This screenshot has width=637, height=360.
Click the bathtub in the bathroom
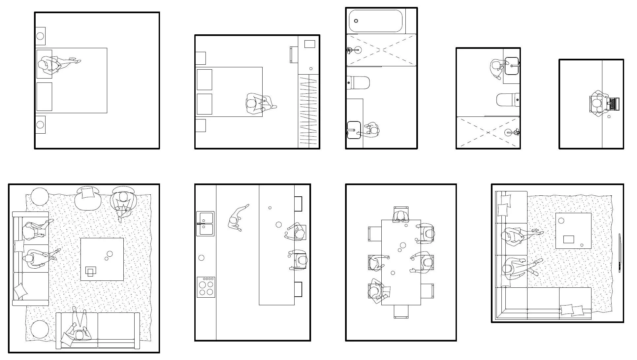(x=376, y=21)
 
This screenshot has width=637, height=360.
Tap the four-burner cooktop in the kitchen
(x=206, y=287)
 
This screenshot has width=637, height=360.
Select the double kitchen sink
(x=205, y=223)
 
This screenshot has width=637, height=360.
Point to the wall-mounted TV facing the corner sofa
(x=620, y=253)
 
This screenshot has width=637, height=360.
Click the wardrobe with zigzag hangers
(x=309, y=111)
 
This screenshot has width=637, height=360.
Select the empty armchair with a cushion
(x=87, y=197)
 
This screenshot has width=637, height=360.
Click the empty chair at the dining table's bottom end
(x=401, y=311)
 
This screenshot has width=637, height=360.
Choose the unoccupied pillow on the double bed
(x=44, y=96)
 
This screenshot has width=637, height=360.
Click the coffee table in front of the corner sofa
(x=573, y=230)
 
